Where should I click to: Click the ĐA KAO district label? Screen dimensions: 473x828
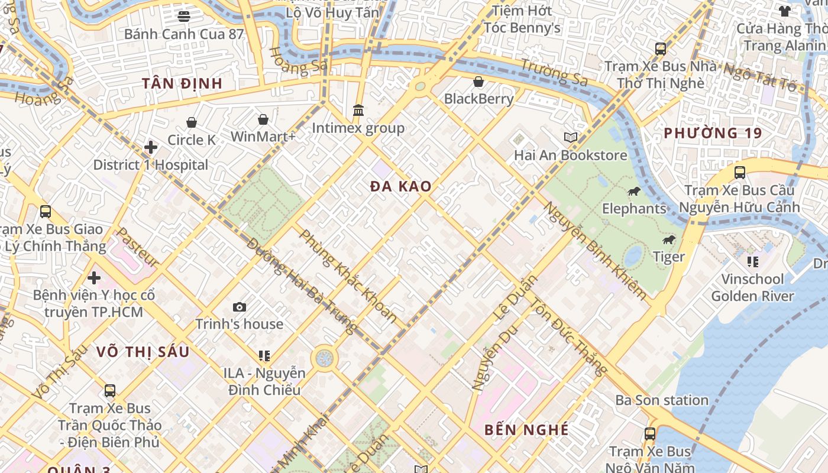point(400,187)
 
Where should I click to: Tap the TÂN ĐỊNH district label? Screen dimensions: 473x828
point(182,83)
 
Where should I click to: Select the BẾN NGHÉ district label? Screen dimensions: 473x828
point(526,430)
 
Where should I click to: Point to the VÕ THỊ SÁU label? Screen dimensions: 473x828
point(143,352)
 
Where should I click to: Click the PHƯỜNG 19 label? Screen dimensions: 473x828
point(713,133)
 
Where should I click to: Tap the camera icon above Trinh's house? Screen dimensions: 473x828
point(240,307)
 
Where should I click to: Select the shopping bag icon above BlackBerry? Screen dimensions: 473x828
point(478,82)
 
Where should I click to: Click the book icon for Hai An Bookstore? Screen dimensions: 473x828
point(570,138)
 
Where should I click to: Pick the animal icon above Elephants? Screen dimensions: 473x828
point(634,192)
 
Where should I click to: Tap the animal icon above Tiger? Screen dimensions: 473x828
point(669,239)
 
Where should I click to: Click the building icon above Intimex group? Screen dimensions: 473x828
point(358,111)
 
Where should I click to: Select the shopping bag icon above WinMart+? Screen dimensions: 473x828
point(263,120)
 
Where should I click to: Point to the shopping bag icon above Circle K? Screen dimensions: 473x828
point(192,123)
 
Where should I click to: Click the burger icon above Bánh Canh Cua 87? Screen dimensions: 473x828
point(184,16)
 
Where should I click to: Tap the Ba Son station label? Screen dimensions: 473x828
point(661,400)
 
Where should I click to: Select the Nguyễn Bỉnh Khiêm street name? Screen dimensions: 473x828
point(595,251)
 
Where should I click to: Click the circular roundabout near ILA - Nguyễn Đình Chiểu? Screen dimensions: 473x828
point(324,358)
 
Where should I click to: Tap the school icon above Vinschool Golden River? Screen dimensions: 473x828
point(752,261)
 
